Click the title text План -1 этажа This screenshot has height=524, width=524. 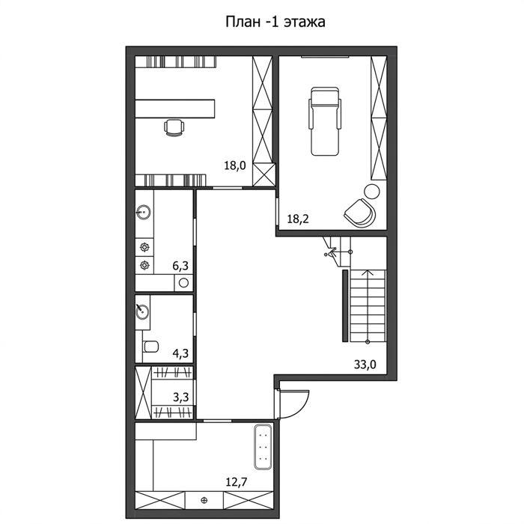[x=275, y=22]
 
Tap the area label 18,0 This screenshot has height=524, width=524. [x=234, y=165]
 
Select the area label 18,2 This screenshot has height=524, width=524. [x=298, y=219]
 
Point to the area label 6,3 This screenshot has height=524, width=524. [x=180, y=266]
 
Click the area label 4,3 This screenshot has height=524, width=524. [x=180, y=353]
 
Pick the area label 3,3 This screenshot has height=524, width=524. [x=181, y=397]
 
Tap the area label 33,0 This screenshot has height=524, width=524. [x=365, y=365]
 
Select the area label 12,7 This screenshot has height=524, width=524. [x=237, y=482]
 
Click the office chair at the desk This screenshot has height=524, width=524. [x=174, y=127]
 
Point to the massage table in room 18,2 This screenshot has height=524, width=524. [x=325, y=121]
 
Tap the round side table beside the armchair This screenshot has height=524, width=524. [x=371, y=192]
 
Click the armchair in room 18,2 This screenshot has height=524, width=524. [x=360, y=213]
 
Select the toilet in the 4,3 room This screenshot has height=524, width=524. [x=150, y=346]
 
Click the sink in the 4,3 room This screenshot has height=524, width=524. [x=143, y=312]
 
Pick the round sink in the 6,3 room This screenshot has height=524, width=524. [x=144, y=212]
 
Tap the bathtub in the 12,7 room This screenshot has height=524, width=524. [x=263, y=447]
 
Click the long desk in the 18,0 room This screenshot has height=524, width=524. [x=174, y=109]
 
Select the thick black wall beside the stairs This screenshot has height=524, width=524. [x=345, y=305]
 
